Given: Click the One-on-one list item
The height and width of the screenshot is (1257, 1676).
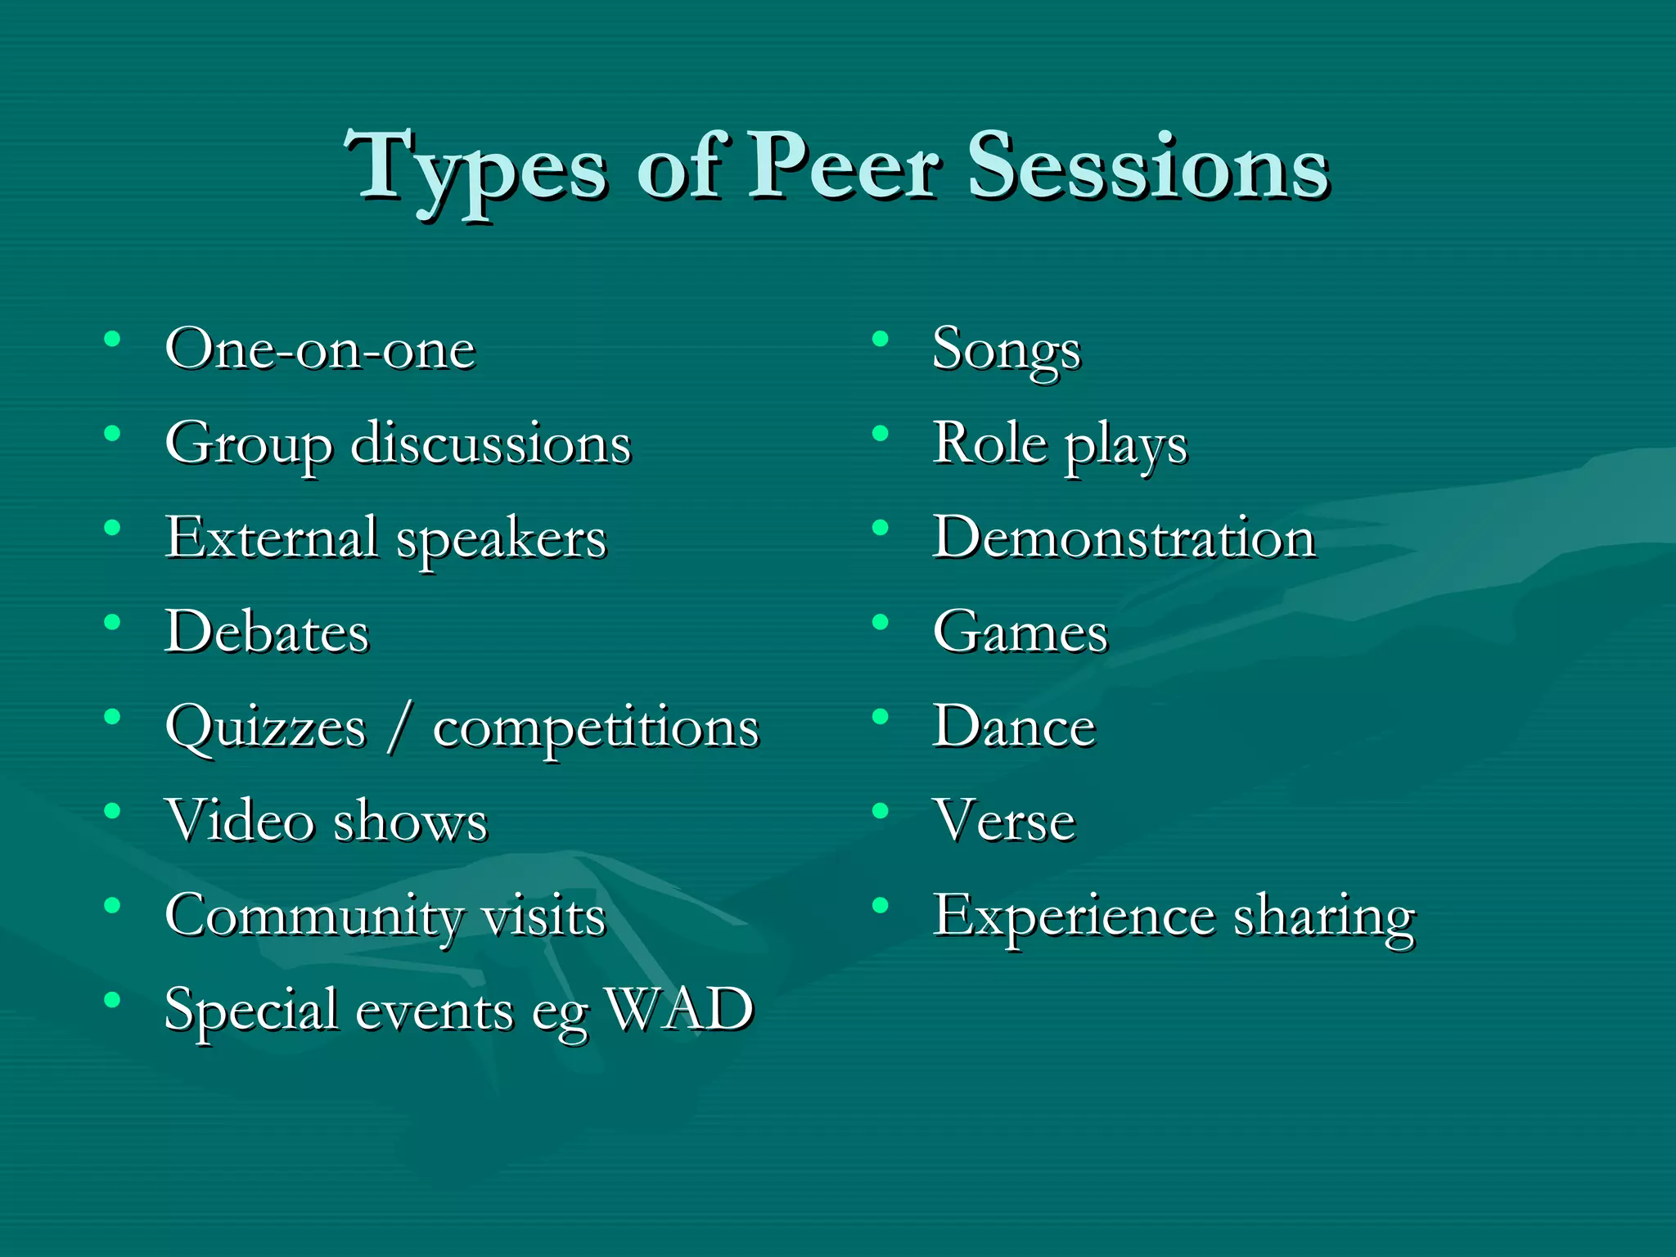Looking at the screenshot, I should tap(320, 350).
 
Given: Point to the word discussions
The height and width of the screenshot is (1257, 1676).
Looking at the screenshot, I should tap(491, 444).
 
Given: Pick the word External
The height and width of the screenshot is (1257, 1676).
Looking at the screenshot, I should tap(272, 538).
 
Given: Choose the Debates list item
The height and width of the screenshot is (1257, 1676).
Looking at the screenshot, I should tap(267, 633).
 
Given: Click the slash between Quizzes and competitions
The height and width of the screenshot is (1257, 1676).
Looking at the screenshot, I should tap(399, 728).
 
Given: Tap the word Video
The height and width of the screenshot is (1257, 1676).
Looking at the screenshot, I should tap(240, 821).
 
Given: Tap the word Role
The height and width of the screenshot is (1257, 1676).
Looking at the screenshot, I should tap(989, 444).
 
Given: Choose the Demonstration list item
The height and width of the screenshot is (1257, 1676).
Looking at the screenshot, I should tap(1124, 538).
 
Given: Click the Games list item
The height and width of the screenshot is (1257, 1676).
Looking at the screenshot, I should tap(1020, 633).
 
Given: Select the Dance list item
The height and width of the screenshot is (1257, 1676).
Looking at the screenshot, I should tap(1014, 727).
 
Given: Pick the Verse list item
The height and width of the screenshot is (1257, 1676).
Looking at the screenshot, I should tap(1004, 821).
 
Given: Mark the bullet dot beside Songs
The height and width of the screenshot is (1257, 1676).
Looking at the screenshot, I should tap(881, 339).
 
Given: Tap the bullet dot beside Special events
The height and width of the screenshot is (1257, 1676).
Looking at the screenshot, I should tap(113, 999).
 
